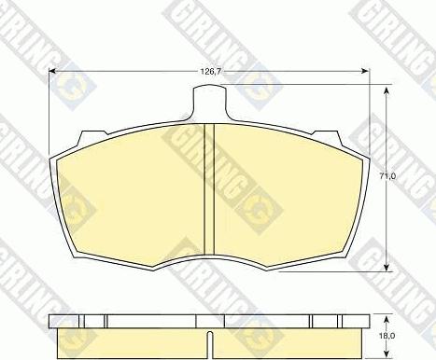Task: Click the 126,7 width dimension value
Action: (x=210, y=72)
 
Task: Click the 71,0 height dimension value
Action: (x=387, y=176)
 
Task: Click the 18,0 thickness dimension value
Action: (x=387, y=336)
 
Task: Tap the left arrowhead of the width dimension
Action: (x=52, y=72)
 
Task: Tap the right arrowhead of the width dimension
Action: (x=366, y=72)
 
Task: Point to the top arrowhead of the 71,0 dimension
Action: (x=387, y=90)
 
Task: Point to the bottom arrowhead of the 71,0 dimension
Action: (x=387, y=268)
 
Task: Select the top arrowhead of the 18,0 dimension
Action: (x=387, y=320)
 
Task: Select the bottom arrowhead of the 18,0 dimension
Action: (x=387, y=353)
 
